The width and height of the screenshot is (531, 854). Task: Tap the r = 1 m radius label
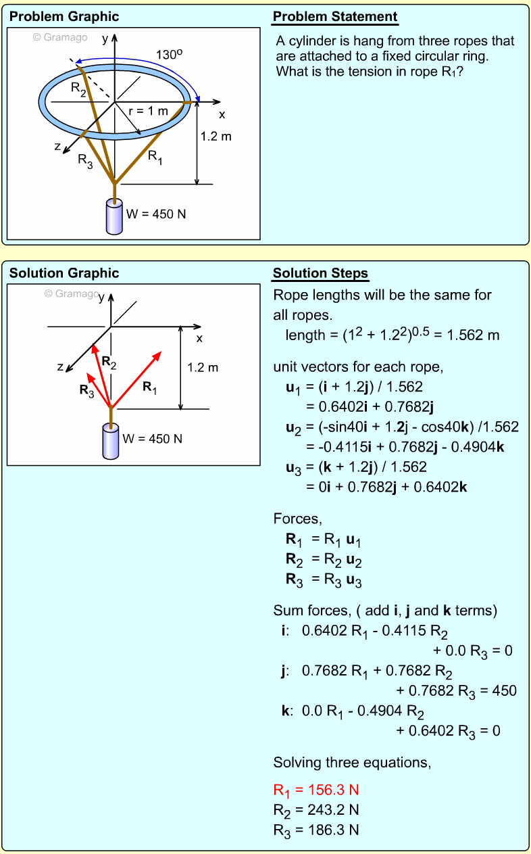[148, 111]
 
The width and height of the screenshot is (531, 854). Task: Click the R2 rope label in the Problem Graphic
[79, 88]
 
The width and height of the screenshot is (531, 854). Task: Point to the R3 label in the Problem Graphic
[85, 160]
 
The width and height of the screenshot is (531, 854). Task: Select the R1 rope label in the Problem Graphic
[155, 157]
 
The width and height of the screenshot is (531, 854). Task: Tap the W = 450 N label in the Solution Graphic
[153, 438]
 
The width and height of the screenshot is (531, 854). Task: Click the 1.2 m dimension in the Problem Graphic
[216, 137]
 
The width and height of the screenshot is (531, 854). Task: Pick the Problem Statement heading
[335, 17]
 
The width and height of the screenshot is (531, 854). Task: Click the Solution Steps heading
[320, 273]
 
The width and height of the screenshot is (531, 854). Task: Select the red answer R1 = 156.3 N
[316, 790]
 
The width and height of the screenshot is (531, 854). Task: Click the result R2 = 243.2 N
[316, 809]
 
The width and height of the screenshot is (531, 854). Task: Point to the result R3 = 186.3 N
[316, 829]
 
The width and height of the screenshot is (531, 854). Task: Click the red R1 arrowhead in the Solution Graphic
[159, 354]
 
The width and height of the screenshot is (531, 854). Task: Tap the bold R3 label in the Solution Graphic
[86, 390]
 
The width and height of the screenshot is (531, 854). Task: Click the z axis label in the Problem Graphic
[57, 147]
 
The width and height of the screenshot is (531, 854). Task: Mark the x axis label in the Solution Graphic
[199, 338]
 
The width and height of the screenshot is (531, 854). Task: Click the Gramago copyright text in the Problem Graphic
[60, 38]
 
